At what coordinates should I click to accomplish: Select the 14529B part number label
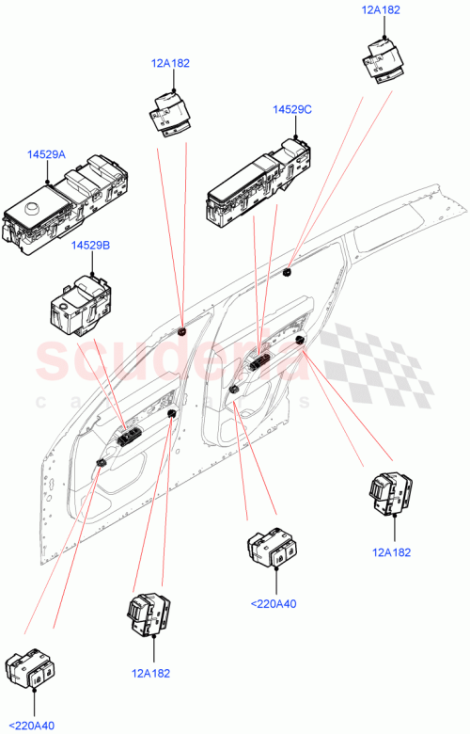pyautogui.click(x=90, y=245)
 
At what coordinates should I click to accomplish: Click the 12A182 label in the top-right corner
pyautogui.click(x=381, y=9)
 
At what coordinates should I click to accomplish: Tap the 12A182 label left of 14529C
pyautogui.click(x=169, y=63)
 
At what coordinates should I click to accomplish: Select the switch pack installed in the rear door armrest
pyautogui.click(x=258, y=362)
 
